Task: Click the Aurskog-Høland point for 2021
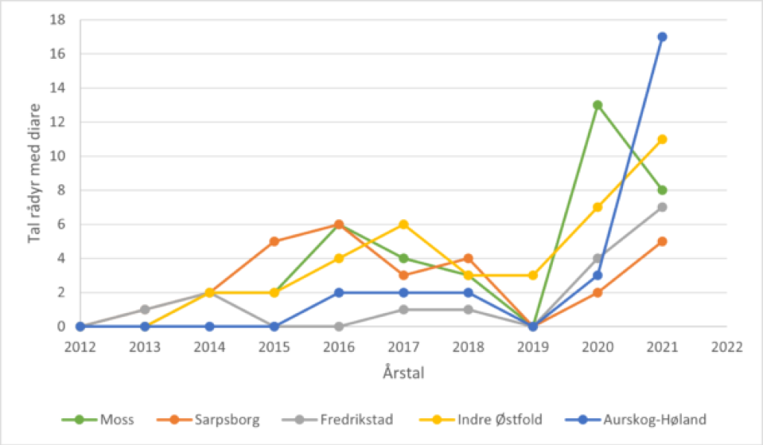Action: pyautogui.click(x=662, y=37)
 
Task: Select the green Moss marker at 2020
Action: pyautogui.click(x=597, y=105)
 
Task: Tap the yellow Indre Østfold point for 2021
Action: pyautogui.click(x=662, y=139)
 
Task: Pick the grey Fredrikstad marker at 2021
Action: pyautogui.click(x=662, y=207)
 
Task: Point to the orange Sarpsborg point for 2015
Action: pyautogui.click(x=274, y=242)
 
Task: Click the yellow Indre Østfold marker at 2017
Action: pyautogui.click(x=403, y=224)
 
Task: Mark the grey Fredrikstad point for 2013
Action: pyautogui.click(x=145, y=309)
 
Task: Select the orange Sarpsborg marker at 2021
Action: pyautogui.click(x=662, y=242)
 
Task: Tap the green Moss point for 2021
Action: pyautogui.click(x=662, y=190)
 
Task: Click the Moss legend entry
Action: pyautogui.click(x=116, y=419)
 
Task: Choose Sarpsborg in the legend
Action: pyautogui.click(x=227, y=419)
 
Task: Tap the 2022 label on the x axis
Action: pyautogui.click(x=726, y=347)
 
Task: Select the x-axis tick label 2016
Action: pyautogui.click(x=338, y=347)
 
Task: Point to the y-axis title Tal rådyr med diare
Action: pyautogui.click(x=34, y=172)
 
